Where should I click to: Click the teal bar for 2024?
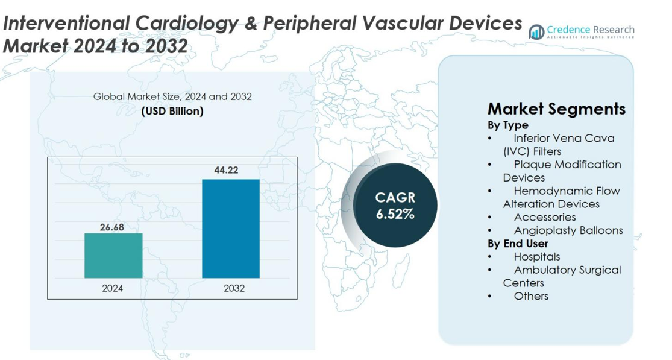click(113, 255)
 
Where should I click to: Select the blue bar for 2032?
click(231, 229)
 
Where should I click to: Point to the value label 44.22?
click(226, 171)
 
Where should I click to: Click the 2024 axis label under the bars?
click(113, 288)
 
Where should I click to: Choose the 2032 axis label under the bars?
click(234, 288)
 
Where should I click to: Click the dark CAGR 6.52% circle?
click(395, 205)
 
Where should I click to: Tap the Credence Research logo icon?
click(536, 32)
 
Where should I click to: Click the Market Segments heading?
click(556, 109)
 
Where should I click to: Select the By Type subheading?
click(507, 125)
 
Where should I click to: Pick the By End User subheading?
click(518, 244)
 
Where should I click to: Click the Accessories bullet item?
click(544, 217)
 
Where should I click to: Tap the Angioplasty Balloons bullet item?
click(568, 230)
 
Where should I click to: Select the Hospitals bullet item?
click(536, 257)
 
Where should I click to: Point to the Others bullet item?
click(531, 296)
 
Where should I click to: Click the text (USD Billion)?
click(172, 111)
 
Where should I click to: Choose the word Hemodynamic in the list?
click(550, 191)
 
